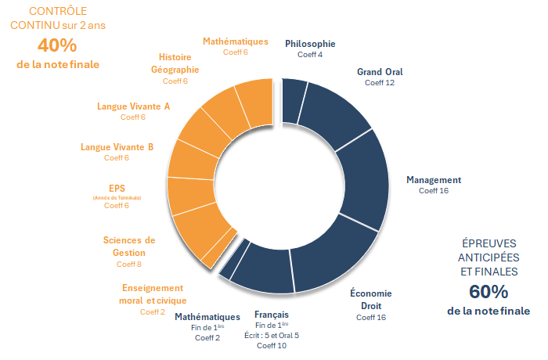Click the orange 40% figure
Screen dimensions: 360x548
pyautogui.click(x=58, y=45)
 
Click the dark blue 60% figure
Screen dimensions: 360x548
pyautogui.click(x=489, y=292)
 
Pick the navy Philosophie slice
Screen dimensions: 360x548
pyautogui.click(x=294, y=100)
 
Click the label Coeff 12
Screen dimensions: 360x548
pyautogui.click(x=380, y=82)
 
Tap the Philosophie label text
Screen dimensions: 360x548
pyautogui.click(x=310, y=44)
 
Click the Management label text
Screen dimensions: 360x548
pyautogui.click(x=434, y=179)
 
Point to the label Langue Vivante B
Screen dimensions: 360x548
pyautogui.click(x=117, y=146)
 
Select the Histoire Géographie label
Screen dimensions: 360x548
pyautogui.click(x=174, y=63)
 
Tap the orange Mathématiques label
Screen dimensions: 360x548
pyautogui.click(x=235, y=41)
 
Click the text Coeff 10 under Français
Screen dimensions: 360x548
pyautogui.click(x=272, y=345)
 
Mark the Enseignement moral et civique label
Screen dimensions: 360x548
pyautogui.click(x=153, y=293)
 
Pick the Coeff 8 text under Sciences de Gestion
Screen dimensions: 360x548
pyautogui.click(x=129, y=265)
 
